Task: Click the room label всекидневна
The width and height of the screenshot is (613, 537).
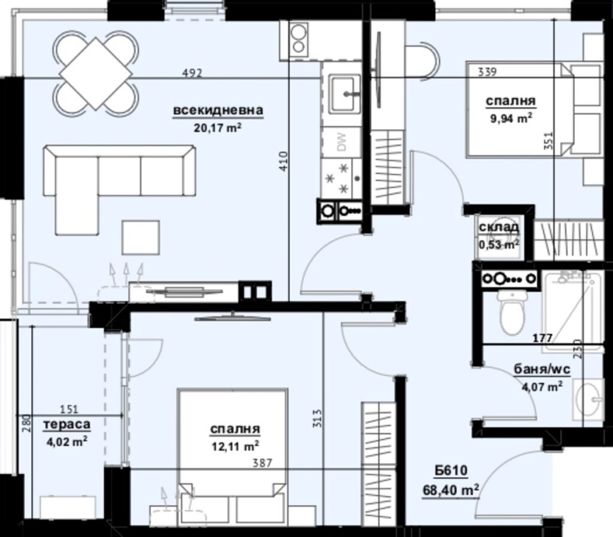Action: point(219,111)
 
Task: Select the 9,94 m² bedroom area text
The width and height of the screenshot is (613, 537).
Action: point(511,119)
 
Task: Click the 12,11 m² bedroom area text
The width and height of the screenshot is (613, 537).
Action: point(234,445)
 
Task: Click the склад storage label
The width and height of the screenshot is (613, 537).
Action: point(499,229)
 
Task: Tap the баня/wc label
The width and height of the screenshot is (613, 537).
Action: point(538,369)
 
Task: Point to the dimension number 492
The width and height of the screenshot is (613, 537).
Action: point(193,74)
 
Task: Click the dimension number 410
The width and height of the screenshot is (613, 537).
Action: point(284,162)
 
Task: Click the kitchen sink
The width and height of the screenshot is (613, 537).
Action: point(345,93)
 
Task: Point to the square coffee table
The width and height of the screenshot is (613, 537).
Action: point(141,237)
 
